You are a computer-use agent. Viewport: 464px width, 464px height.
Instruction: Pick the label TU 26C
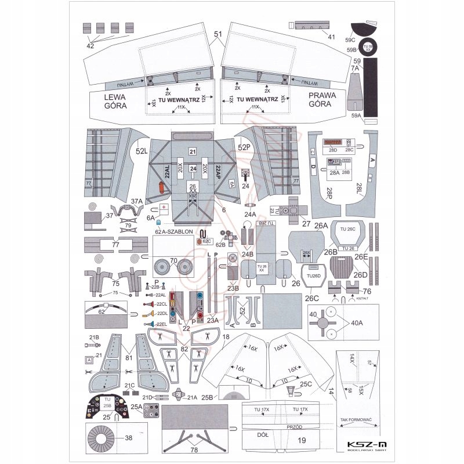[x=347, y=230]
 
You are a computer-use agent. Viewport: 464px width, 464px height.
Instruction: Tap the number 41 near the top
[x=332, y=37]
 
